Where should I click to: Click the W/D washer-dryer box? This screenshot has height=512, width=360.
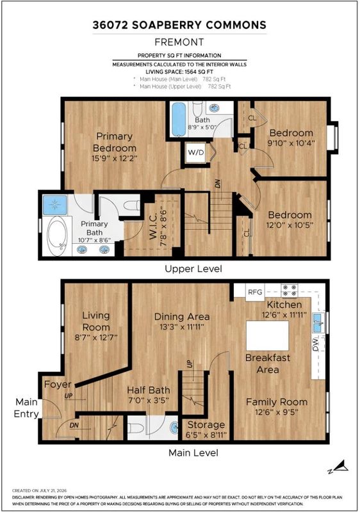tap(196, 152)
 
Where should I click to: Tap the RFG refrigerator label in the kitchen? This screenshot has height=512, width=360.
tap(255, 292)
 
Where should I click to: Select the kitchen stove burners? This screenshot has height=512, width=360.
tap(290, 291)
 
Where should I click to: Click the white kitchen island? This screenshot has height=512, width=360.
tap(267, 335)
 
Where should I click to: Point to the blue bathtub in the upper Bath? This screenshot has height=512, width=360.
tap(179, 119)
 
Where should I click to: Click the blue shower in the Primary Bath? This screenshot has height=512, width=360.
tap(54, 205)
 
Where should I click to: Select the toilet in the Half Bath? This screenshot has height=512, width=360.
tap(135, 428)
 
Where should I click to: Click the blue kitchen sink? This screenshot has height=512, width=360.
tap(318, 323)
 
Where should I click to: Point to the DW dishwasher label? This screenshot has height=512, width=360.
tap(315, 344)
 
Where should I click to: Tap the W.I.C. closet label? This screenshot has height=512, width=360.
tap(154, 225)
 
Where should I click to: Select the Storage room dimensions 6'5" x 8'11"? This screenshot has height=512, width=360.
tap(206, 435)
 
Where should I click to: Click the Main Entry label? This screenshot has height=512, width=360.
tap(26, 408)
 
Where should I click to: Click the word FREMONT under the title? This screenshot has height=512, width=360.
tap(179, 42)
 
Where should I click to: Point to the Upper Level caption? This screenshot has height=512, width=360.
tap(193, 269)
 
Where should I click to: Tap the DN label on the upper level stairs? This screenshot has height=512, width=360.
tap(218, 184)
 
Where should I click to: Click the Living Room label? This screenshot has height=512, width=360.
tap(95, 321)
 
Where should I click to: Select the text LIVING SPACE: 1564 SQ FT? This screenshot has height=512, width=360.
tap(179, 72)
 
